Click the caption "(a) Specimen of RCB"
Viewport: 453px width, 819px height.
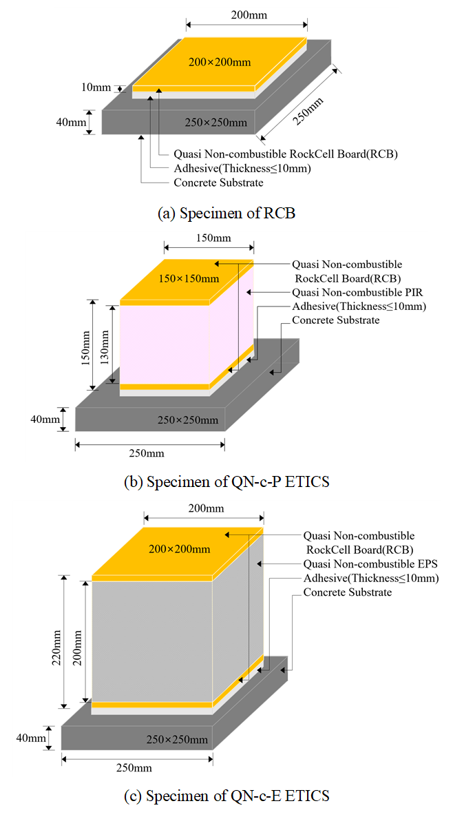point(226,213)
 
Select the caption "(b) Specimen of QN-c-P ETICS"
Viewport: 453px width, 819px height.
point(226,481)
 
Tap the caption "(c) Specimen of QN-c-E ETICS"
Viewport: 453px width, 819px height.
point(226,796)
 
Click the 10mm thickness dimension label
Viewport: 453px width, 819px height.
point(96,87)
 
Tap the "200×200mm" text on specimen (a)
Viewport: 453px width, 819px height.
point(220,62)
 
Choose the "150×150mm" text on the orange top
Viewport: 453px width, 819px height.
point(189,278)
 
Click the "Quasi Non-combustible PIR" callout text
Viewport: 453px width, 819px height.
point(357,293)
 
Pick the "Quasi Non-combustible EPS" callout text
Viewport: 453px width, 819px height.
point(370,564)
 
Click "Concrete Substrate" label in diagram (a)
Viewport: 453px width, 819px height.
point(219,183)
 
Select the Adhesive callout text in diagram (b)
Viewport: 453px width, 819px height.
point(359,307)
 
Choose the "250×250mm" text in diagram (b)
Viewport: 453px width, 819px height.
point(188,420)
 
